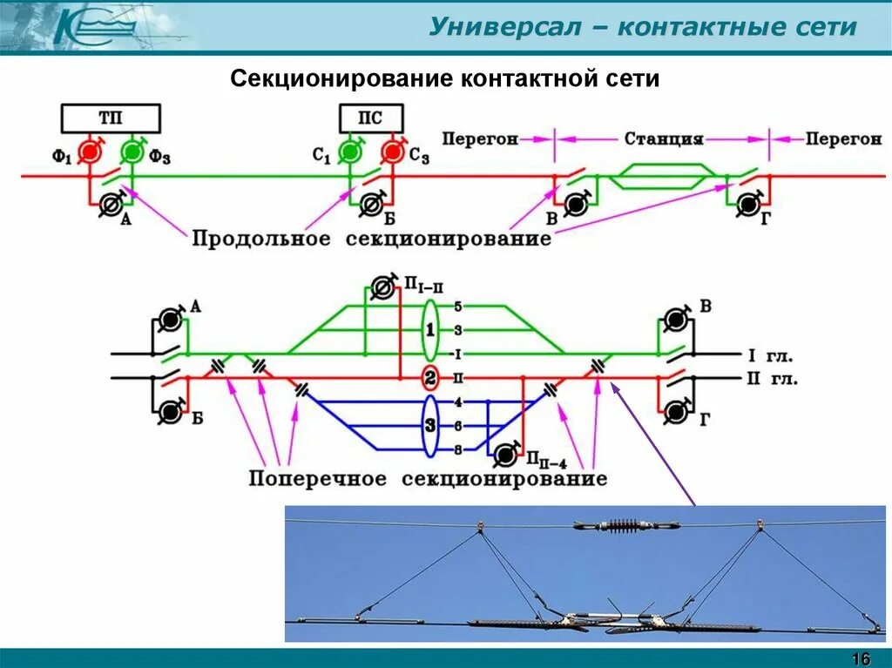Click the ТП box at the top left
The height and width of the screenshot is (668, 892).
point(111,118)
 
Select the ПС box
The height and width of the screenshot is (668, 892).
point(370,118)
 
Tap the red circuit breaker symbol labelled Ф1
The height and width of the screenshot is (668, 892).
point(89,152)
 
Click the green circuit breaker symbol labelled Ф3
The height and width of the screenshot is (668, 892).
point(132,152)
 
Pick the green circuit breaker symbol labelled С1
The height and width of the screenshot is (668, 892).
point(350,152)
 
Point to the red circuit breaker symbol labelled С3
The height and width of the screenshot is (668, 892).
point(393,152)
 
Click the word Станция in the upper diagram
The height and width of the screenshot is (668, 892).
point(664,138)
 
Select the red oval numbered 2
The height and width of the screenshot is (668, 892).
point(430,379)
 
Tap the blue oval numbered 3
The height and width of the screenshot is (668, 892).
point(430,427)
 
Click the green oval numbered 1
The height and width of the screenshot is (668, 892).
point(430,330)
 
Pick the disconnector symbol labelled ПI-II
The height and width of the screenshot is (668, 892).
point(382,287)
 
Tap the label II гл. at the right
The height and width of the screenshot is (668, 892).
point(772,379)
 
